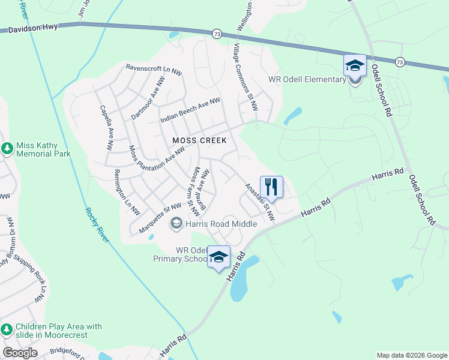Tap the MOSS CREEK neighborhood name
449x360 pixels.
[199, 140]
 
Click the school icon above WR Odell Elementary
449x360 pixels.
[355, 65]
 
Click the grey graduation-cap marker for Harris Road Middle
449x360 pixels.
[176, 224]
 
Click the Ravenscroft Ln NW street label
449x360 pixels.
[154, 69]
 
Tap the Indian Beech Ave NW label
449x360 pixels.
[190, 111]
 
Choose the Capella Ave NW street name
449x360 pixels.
[106, 128]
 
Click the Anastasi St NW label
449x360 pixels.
[259, 202]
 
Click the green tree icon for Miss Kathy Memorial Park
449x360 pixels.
[7, 148]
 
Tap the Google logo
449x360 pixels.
[20, 352]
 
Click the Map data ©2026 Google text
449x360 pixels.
[411, 355]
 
